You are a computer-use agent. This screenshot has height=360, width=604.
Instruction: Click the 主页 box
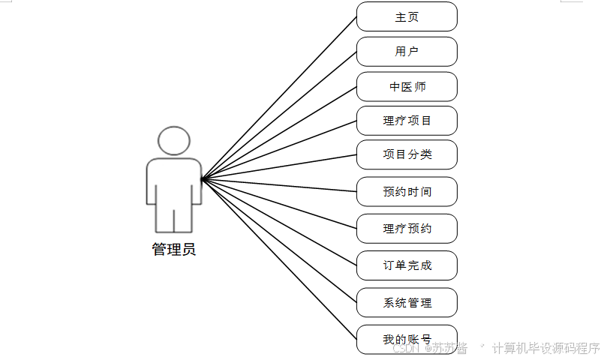(407, 16)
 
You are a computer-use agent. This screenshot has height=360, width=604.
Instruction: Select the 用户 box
(407, 52)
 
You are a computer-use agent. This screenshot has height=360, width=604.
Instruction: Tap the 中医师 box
(407, 87)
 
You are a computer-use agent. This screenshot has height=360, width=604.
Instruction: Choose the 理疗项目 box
(407, 121)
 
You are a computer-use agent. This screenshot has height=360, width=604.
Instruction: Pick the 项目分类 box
(407, 154)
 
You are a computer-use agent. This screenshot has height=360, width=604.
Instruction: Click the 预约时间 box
(407, 192)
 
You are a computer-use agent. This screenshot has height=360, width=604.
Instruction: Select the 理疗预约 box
(407, 229)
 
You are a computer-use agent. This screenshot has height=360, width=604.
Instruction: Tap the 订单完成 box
(407, 265)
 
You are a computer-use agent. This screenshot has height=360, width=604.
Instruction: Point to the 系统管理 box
(407, 302)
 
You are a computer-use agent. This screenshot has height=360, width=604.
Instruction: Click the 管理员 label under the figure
(174, 250)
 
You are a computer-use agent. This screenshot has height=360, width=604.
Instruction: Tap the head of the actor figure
(174, 141)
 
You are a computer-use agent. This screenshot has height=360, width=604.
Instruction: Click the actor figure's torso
(174, 180)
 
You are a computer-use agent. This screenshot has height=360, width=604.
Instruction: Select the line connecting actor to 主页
(279, 97)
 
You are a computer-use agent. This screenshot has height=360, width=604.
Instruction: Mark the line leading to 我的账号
(279, 258)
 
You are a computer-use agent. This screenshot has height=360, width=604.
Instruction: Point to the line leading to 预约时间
(279, 185)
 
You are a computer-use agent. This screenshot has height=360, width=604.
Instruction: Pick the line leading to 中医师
(279, 133)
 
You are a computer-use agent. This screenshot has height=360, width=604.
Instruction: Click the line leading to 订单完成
(279, 222)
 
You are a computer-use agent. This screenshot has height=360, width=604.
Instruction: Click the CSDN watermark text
(406, 349)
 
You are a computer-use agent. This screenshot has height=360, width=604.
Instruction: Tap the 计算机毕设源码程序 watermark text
(546, 349)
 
